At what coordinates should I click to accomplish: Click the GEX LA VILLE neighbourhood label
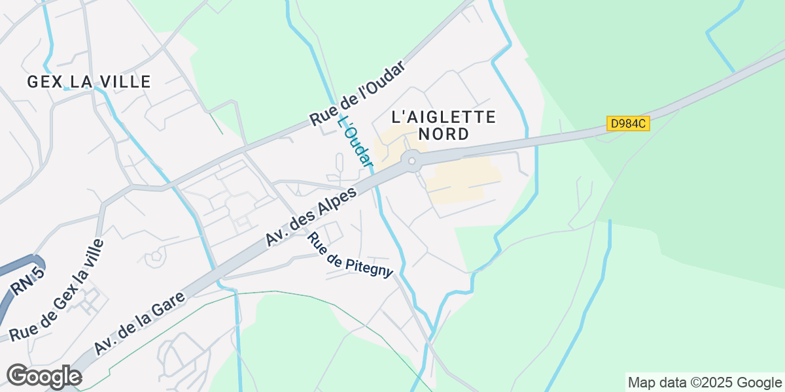[x=89, y=82]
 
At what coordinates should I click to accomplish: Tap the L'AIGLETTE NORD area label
[x=444, y=125]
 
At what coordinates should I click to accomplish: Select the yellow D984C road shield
[x=628, y=123]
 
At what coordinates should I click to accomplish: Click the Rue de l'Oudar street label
[x=358, y=94]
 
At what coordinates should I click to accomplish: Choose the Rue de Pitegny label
[x=350, y=255]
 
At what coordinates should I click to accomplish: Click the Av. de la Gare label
[x=139, y=324]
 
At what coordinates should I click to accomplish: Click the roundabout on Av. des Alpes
[x=411, y=160]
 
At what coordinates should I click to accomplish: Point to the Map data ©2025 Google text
[x=705, y=382]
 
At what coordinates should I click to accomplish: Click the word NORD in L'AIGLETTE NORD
[x=444, y=135]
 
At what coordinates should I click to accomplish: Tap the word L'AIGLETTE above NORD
[x=444, y=117]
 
